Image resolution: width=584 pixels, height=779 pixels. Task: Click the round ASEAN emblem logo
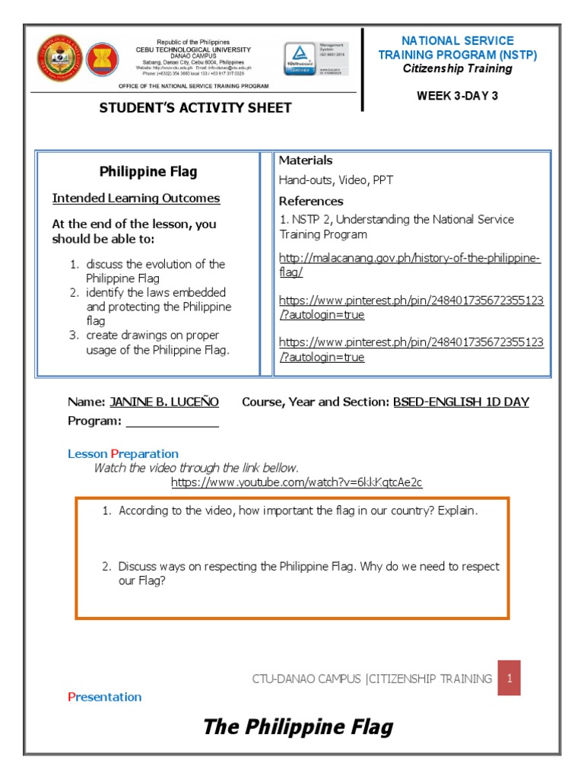coord(103,63)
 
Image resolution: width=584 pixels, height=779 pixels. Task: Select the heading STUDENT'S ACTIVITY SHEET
coord(195,108)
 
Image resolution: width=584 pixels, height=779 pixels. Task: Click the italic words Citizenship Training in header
coord(457,68)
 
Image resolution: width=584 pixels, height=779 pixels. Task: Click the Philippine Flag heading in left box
coord(148,172)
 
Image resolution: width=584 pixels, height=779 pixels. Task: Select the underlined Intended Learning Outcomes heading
coord(136,199)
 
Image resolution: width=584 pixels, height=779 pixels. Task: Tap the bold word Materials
coord(306,161)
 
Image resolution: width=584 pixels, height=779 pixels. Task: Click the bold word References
coord(311,202)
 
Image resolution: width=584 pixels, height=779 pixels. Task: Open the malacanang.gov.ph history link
coord(410,265)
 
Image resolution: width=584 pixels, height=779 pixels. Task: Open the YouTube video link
coord(297,482)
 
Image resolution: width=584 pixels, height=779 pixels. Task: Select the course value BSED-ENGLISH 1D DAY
coord(461,402)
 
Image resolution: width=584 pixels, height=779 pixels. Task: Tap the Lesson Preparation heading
coord(123,454)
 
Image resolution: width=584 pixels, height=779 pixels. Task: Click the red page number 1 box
coord(509,678)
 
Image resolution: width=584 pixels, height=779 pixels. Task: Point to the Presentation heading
coord(105,697)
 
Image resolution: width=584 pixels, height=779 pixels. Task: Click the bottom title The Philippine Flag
coord(298,727)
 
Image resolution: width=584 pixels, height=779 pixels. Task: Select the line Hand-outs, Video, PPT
coord(335,180)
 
